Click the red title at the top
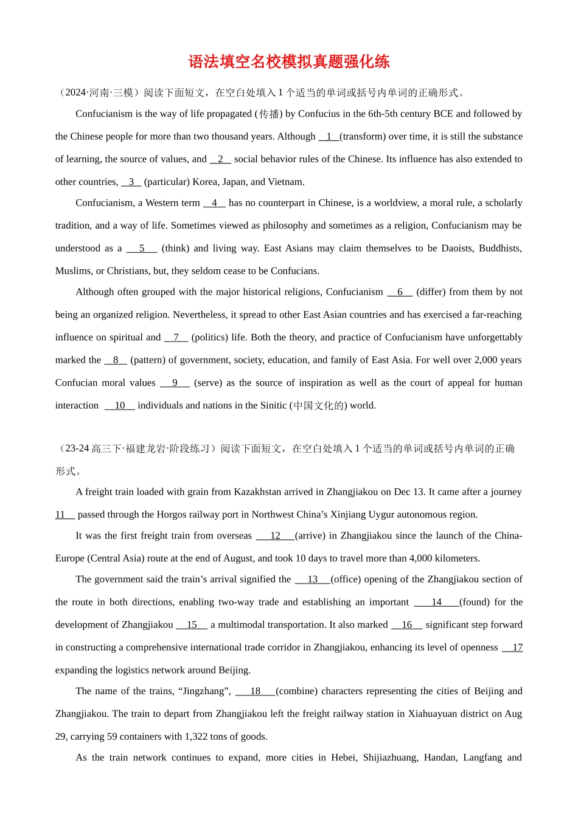point(289,61)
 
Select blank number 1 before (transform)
point(329,137)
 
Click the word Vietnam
point(285,182)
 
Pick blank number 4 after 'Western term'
point(214,203)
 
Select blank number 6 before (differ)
point(400,292)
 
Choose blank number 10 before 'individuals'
point(119,405)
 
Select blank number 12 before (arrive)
point(275,536)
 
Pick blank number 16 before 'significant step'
point(406,625)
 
